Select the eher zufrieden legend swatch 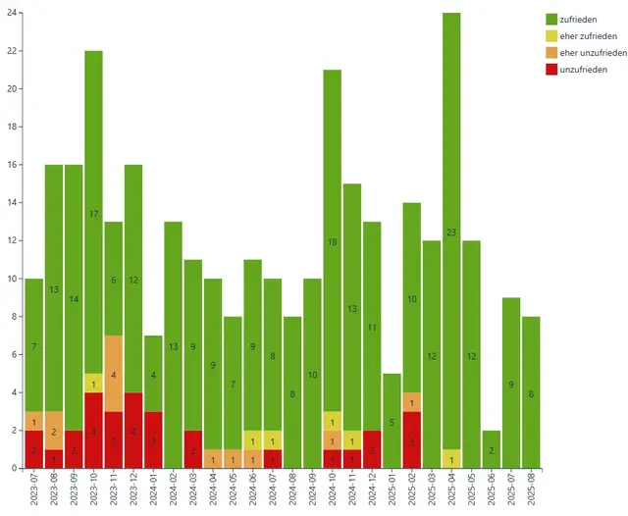pyautogui.click(x=551, y=36)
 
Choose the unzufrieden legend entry pyautogui.click(x=582, y=70)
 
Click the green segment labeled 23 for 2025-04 pyautogui.click(x=451, y=232)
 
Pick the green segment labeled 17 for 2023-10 pyautogui.click(x=94, y=212)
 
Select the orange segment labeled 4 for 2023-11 pyautogui.click(x=114, y=374)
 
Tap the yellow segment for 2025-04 pyautogui.click(x=451, y=458)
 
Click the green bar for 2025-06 pyautogui.click(x=492, y=449)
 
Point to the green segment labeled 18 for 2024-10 pyautogui.click(x=333, y=241)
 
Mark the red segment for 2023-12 pyautogui.click(x=133, y=431)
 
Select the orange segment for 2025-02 pyautogui.click(x=412, y=402)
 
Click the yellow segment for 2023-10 pyautogui.click(x=94, y=384)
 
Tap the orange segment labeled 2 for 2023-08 pyautogui.click(x=54, y=431)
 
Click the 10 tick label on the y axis pyautogui.click(x=12, y=279)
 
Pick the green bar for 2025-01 pyautogui.click(x=392, y=421)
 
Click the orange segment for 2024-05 pyautogui.click(x=233, y=459)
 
